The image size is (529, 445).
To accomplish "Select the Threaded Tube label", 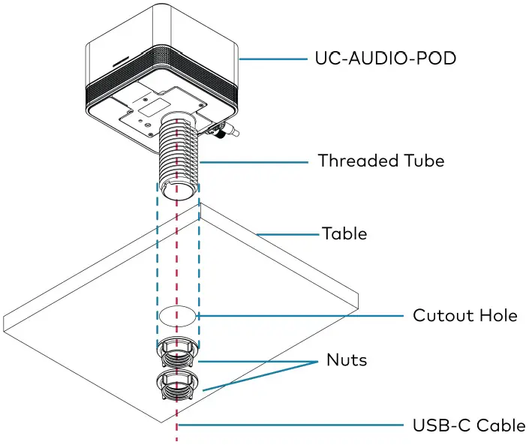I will [x=380, y=161].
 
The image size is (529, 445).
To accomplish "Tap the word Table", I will [x=344, y=233].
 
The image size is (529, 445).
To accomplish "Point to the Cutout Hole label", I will [x=464, y=315].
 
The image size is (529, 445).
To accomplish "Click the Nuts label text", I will [x=347, y=360].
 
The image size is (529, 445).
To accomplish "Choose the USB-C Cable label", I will [x=468, y=425].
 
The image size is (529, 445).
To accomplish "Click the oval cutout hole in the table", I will [x=179, y=316].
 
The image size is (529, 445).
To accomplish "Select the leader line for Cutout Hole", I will [x=300, y=316].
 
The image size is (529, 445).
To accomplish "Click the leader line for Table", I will [x=289, y=234].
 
